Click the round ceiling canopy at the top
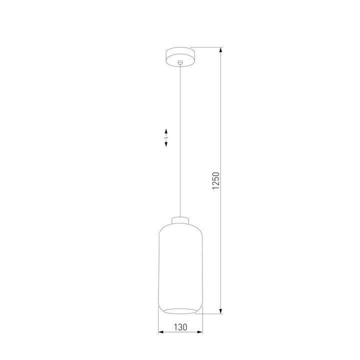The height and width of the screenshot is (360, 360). click(x=180, y=54)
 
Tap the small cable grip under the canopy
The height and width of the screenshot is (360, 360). click(x=180, y=62)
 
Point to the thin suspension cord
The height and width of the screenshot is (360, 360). click(x=180, y=150)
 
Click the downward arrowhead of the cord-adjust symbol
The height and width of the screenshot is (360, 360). click(x=166, y=144)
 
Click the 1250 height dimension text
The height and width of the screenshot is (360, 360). click(x=216, y=181)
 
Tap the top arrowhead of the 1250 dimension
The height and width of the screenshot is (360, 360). click(x=221, y=50)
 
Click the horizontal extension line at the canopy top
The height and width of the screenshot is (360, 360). click(x=205, y=47)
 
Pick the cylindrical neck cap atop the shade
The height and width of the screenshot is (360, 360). click(x=180, y=220)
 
